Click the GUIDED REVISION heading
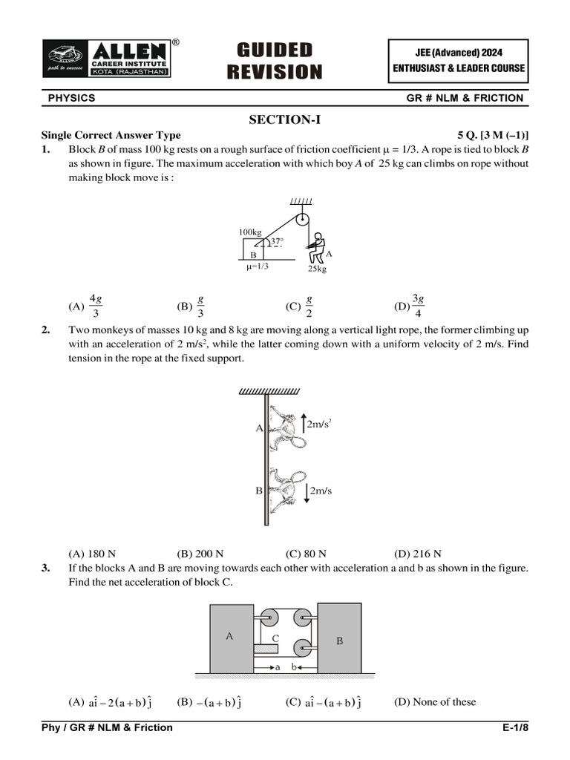275,61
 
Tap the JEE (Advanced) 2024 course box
459,60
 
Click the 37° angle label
276,241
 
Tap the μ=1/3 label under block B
258,266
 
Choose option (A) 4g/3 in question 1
88,305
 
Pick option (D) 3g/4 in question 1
411,305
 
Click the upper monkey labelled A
284,428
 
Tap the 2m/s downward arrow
306,491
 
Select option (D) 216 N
417,554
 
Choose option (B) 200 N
200,554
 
